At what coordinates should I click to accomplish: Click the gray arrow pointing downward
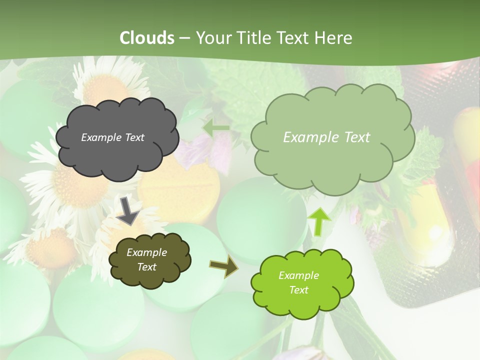pyautogui.click(x=128, y=210)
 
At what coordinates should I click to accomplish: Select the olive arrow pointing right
pyautogui.click(x=224, y=267)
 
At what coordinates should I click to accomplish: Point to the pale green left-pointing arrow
pyautogui.click(x=216, y=128)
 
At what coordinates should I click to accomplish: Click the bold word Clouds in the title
pyautogui.click(x=147, y=38)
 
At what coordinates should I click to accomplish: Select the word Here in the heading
pyautogui.click(x=334, y=38)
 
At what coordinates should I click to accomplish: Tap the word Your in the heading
pyautogui.click(x=213, y=38)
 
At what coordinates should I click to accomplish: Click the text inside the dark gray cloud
pyautogui.click(x=112, y=137)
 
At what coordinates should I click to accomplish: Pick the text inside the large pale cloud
pyautogui.click(x=326, y=137)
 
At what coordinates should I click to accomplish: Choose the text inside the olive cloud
pyautogui.click(x=146, y=260)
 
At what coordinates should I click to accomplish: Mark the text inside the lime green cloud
pyautogui.click(x=298, y=282)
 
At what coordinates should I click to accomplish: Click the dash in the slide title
pyautogui.click(x=184, y=38)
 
